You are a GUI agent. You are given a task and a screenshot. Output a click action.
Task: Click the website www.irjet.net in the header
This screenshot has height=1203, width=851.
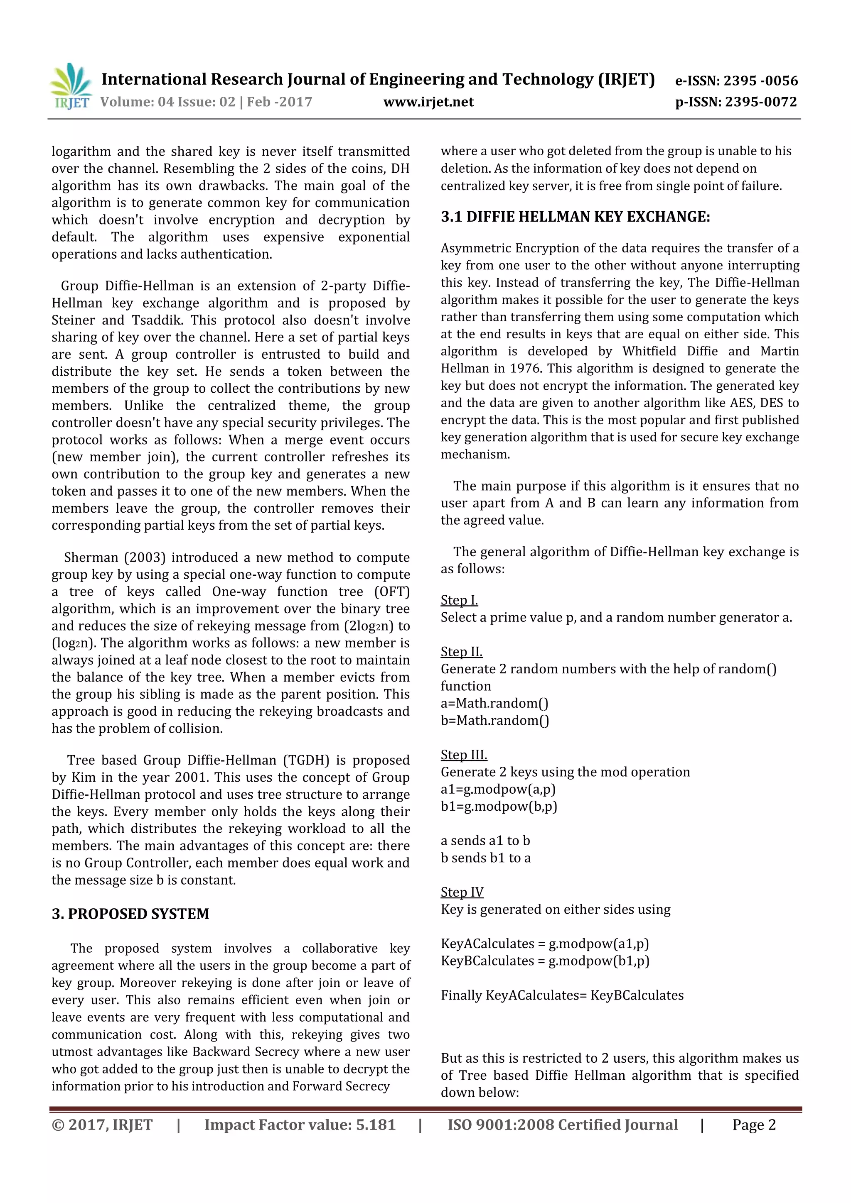coord(428,102)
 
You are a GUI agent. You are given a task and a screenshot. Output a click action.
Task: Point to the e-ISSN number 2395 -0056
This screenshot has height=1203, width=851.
coord(760,81)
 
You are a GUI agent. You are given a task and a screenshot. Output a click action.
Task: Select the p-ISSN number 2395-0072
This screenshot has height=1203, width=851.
coord(761,102)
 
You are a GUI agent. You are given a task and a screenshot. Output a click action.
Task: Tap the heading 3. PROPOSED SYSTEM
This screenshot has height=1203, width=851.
coord(130,913)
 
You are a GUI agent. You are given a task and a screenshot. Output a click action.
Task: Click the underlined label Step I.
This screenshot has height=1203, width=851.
coord(459,600)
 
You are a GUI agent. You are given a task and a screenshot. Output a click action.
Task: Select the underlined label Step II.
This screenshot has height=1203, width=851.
coord(461,651)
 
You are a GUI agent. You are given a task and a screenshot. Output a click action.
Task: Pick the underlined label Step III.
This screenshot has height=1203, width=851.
coord(463,755)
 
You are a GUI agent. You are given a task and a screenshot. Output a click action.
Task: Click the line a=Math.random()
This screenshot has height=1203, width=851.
coord(494,703)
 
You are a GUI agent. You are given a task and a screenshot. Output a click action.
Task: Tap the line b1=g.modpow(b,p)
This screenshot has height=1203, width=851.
coord(499,806)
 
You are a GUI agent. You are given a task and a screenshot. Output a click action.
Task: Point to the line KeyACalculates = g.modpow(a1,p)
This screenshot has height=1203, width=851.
coord(544,944)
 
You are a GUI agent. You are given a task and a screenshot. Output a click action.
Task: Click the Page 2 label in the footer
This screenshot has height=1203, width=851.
coord(753,1125)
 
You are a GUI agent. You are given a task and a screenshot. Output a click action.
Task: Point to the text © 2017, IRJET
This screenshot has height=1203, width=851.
coord(102,1125)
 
